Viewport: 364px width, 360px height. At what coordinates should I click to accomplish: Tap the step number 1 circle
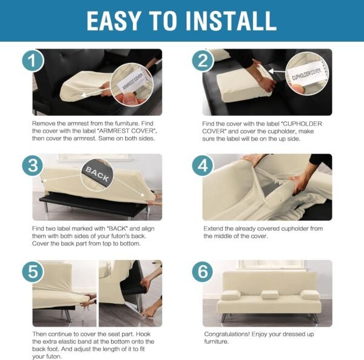[35, 61]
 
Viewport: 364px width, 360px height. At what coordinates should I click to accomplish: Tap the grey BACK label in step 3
[97, 173]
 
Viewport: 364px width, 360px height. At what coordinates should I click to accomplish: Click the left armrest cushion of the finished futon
[231, 295]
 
